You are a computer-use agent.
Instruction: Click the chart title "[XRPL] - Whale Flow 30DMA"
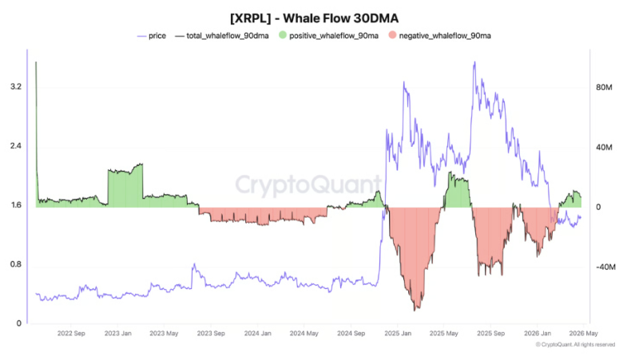click(x=319, y=17)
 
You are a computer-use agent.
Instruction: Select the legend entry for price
click(x=152, y=36)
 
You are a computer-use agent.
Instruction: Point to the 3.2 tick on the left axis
click(x=15, y=87)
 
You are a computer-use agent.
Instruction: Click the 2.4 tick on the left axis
click(x=15, y=146)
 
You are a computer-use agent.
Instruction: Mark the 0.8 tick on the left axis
click(x=15, y=265)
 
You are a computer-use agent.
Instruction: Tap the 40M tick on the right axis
click(x=605, y=148)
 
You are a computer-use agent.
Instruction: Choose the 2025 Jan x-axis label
click(x=397, y=334)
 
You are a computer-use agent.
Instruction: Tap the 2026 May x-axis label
click(x=582, y=334)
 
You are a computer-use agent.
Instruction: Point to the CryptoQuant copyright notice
click(x=575, y=345)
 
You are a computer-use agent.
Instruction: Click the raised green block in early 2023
click(x=125, y=188)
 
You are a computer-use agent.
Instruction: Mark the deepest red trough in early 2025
click(x=415, y=307)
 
